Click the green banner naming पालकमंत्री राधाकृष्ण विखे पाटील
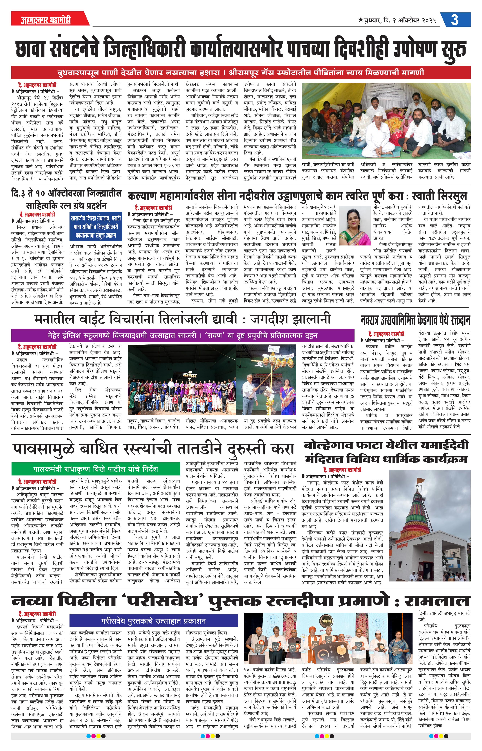pos(96,469)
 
